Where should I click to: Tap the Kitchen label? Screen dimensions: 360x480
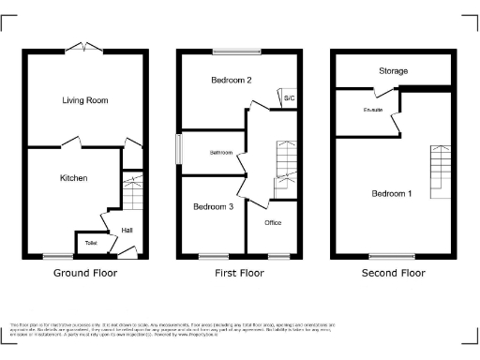pyautogui.click(x=74, y=177)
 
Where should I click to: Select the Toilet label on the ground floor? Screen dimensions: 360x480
pyautogui.click(x=91, y=243)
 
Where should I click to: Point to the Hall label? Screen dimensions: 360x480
pyautogui.click(x=127, y=231)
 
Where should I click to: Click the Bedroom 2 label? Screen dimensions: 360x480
pyautogui.click(x=231, y=80)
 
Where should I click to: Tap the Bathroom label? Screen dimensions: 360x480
pyautogui.click(x=220, y=152)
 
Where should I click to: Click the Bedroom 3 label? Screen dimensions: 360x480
pyautogui.click(x=213, y=206)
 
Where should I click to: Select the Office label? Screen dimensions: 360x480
pyautogui.click(x=273, y=222)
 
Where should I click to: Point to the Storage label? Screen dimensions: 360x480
pyautogui.click(x=393, y=70)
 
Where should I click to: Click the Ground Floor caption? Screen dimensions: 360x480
pyautogui.click(x=86, y=274)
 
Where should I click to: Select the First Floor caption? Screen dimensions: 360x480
pyautogui.click(x=239, y=274)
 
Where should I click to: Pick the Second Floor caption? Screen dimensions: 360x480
pyautogui.click(x=393, y=274)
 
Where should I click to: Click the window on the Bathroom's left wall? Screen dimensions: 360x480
pyautogui.click(x=179, y=151)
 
